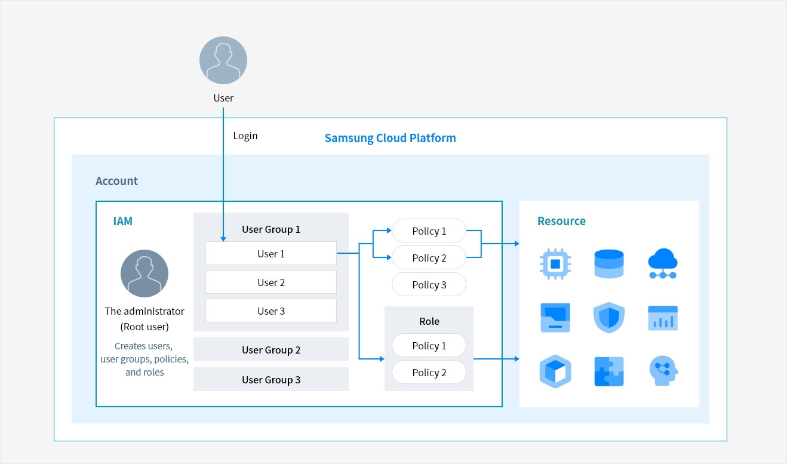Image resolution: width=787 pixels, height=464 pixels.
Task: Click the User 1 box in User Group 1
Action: point(271,253)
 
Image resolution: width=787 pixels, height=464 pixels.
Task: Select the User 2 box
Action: point(271,282)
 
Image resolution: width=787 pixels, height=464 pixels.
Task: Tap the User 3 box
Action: point(271,311)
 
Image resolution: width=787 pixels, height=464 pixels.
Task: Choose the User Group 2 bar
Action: point(271,349)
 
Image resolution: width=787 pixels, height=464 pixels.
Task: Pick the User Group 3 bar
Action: point(271,379)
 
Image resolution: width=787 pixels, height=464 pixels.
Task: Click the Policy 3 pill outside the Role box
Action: point(429,284)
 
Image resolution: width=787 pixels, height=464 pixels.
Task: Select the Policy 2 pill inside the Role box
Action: point(429,372)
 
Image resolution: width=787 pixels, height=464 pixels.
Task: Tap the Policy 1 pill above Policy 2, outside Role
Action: point(429,231)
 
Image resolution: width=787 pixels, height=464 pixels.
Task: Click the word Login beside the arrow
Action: point(245,136)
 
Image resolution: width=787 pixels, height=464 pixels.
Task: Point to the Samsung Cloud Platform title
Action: point(391,138)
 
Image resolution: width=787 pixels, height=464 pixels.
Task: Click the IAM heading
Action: point(122,221)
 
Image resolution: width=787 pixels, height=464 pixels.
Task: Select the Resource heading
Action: point(561,221)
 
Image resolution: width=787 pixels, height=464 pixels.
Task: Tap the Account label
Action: point(116,181)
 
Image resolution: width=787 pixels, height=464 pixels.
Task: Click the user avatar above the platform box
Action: point(223,60)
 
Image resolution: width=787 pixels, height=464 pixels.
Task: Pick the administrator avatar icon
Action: point(145,274)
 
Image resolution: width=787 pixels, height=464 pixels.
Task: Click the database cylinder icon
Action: point(609,264)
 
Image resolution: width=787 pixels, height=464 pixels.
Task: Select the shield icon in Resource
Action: point(609,318)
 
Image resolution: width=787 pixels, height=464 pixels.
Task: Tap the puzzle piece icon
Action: point(609,371)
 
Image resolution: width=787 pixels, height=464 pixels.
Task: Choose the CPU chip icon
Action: point(555,264)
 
